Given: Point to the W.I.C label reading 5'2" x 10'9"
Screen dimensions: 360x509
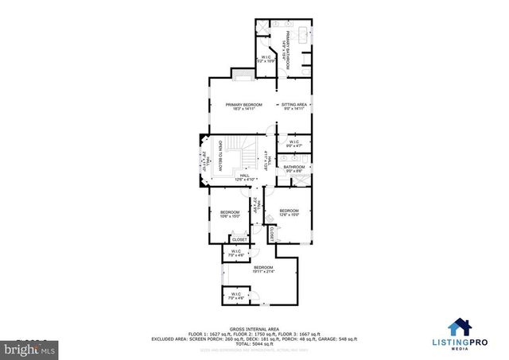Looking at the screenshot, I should click(267, 60).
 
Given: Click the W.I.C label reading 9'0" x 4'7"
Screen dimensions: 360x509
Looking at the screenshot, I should click(294, 144).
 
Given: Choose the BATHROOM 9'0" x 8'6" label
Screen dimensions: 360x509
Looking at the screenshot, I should click(294, 168).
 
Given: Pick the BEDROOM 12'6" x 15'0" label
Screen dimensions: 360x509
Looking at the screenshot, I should click(289, 213).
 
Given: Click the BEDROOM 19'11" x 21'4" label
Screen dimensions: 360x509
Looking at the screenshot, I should click(263, 269).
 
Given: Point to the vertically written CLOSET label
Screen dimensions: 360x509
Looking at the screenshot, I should click(270, 234).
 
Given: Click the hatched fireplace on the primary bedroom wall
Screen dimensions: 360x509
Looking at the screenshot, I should click(242, 74).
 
